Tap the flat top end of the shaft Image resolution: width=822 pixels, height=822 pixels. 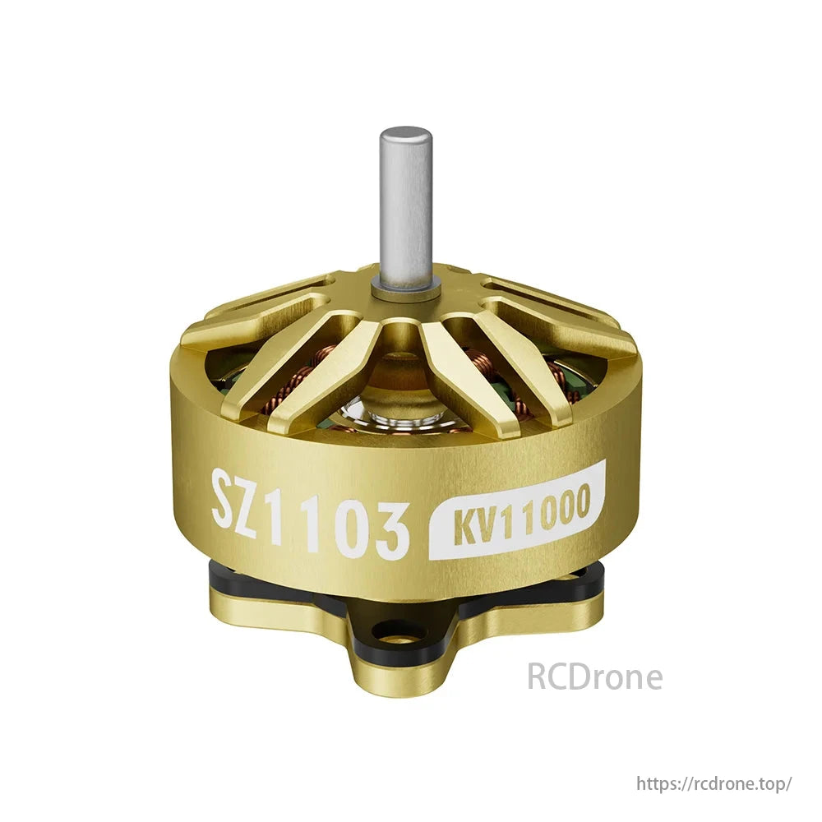click(405, 132)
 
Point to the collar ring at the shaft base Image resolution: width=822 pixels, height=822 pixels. click(405, 287)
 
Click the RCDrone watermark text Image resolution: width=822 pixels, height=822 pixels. click(594, 677)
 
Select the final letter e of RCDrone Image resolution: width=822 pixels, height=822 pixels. click(653, 680)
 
